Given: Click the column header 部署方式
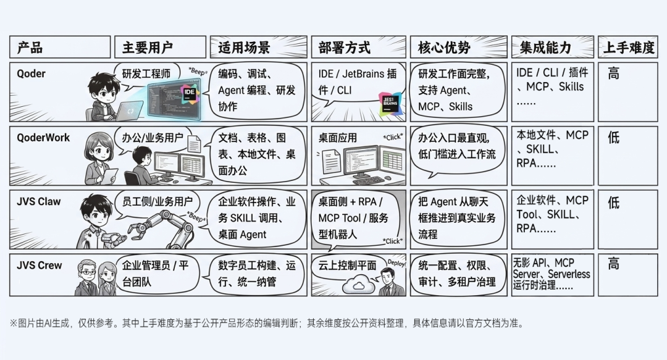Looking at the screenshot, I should pos(345,48).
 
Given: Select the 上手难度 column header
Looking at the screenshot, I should pos(628,48).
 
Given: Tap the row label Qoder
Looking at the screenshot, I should pos(31,73).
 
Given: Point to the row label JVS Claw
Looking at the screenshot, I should pos(39,201).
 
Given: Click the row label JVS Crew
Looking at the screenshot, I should pos(40,266).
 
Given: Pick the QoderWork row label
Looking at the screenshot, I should pos(44,138).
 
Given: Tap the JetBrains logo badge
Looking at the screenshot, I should pos(390,103).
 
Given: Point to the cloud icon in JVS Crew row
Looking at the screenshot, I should pos(359,285).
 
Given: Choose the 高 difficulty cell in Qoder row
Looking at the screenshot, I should pos(613,74).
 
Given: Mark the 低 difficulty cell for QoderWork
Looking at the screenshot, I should pos(613,138).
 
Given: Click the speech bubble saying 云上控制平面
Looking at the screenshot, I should pos(348,266).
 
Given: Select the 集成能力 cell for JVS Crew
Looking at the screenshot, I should pos(552,273).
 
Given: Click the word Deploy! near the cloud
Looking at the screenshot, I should pos(395,262).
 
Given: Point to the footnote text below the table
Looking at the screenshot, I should pos(266,323).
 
